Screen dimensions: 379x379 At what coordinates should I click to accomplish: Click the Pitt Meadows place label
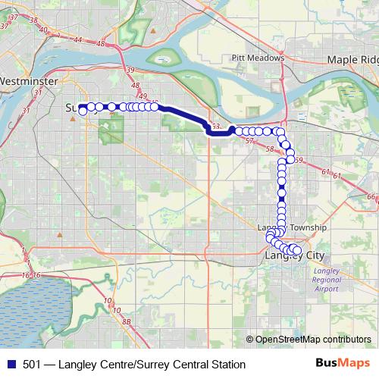[258, 58]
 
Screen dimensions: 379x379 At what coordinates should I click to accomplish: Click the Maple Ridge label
[352, 59]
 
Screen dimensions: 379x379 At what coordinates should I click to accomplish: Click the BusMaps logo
[341, 365]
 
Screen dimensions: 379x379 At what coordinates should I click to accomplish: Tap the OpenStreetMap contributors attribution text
[312, 340]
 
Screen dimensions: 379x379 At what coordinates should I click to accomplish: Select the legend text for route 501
[129, 365]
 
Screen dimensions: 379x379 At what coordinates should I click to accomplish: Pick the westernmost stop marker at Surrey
[82, 111]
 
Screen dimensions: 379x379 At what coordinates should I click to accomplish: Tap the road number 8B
[127, 322]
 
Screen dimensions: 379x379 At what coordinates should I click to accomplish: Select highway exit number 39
[130, 70]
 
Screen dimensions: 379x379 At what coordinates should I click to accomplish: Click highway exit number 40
[43, 30]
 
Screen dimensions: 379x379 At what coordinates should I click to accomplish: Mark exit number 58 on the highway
[270, 149]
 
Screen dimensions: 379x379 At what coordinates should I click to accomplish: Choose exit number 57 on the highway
[249, 142]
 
